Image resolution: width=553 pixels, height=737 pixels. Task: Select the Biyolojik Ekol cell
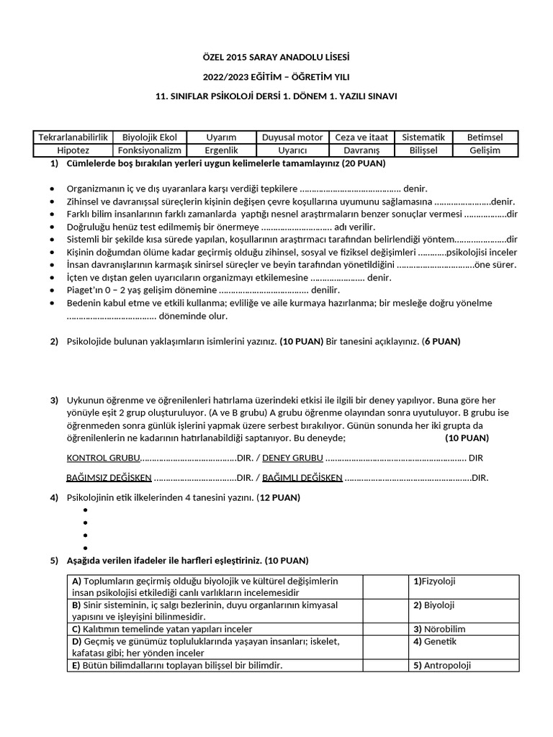[150, 137]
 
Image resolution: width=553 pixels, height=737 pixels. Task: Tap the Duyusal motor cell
[292, 137]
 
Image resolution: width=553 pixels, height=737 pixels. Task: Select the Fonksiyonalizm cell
[150, 150]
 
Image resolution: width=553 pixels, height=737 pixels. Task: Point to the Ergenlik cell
[221, 150]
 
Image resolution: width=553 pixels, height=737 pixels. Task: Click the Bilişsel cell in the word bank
[423, 150]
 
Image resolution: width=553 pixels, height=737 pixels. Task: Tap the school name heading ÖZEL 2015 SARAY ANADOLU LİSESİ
[276, 57]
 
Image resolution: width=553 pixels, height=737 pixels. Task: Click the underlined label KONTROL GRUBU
[99, 458]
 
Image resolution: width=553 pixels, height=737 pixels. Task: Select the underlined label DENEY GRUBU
[292, 458]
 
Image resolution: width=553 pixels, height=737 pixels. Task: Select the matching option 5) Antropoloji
[441, 665]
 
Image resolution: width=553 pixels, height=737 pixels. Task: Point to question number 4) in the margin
[54, 497]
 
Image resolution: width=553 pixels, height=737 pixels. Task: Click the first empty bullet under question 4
[85, 510]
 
